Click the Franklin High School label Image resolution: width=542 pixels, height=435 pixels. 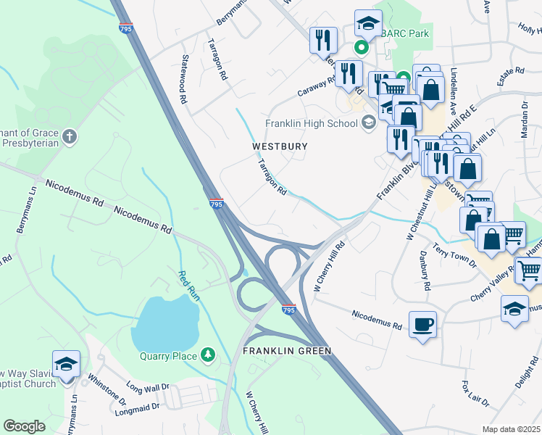pos(312,123)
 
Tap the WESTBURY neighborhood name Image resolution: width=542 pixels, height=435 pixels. pos(280,146)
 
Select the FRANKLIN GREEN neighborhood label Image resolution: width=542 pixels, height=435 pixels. pos(287,351)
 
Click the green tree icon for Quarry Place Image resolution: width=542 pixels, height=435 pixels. pos(209,355)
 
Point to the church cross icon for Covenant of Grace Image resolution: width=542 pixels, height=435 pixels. pos(69,136)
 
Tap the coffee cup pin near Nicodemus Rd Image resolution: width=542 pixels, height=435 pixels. pos(422,324)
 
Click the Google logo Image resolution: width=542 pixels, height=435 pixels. pos(24,426)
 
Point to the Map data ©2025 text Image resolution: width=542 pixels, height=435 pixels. pos(511,429)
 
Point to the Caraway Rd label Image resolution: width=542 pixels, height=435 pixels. pos(317,88)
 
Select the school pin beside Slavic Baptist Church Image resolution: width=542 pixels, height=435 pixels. pos(66,365)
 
